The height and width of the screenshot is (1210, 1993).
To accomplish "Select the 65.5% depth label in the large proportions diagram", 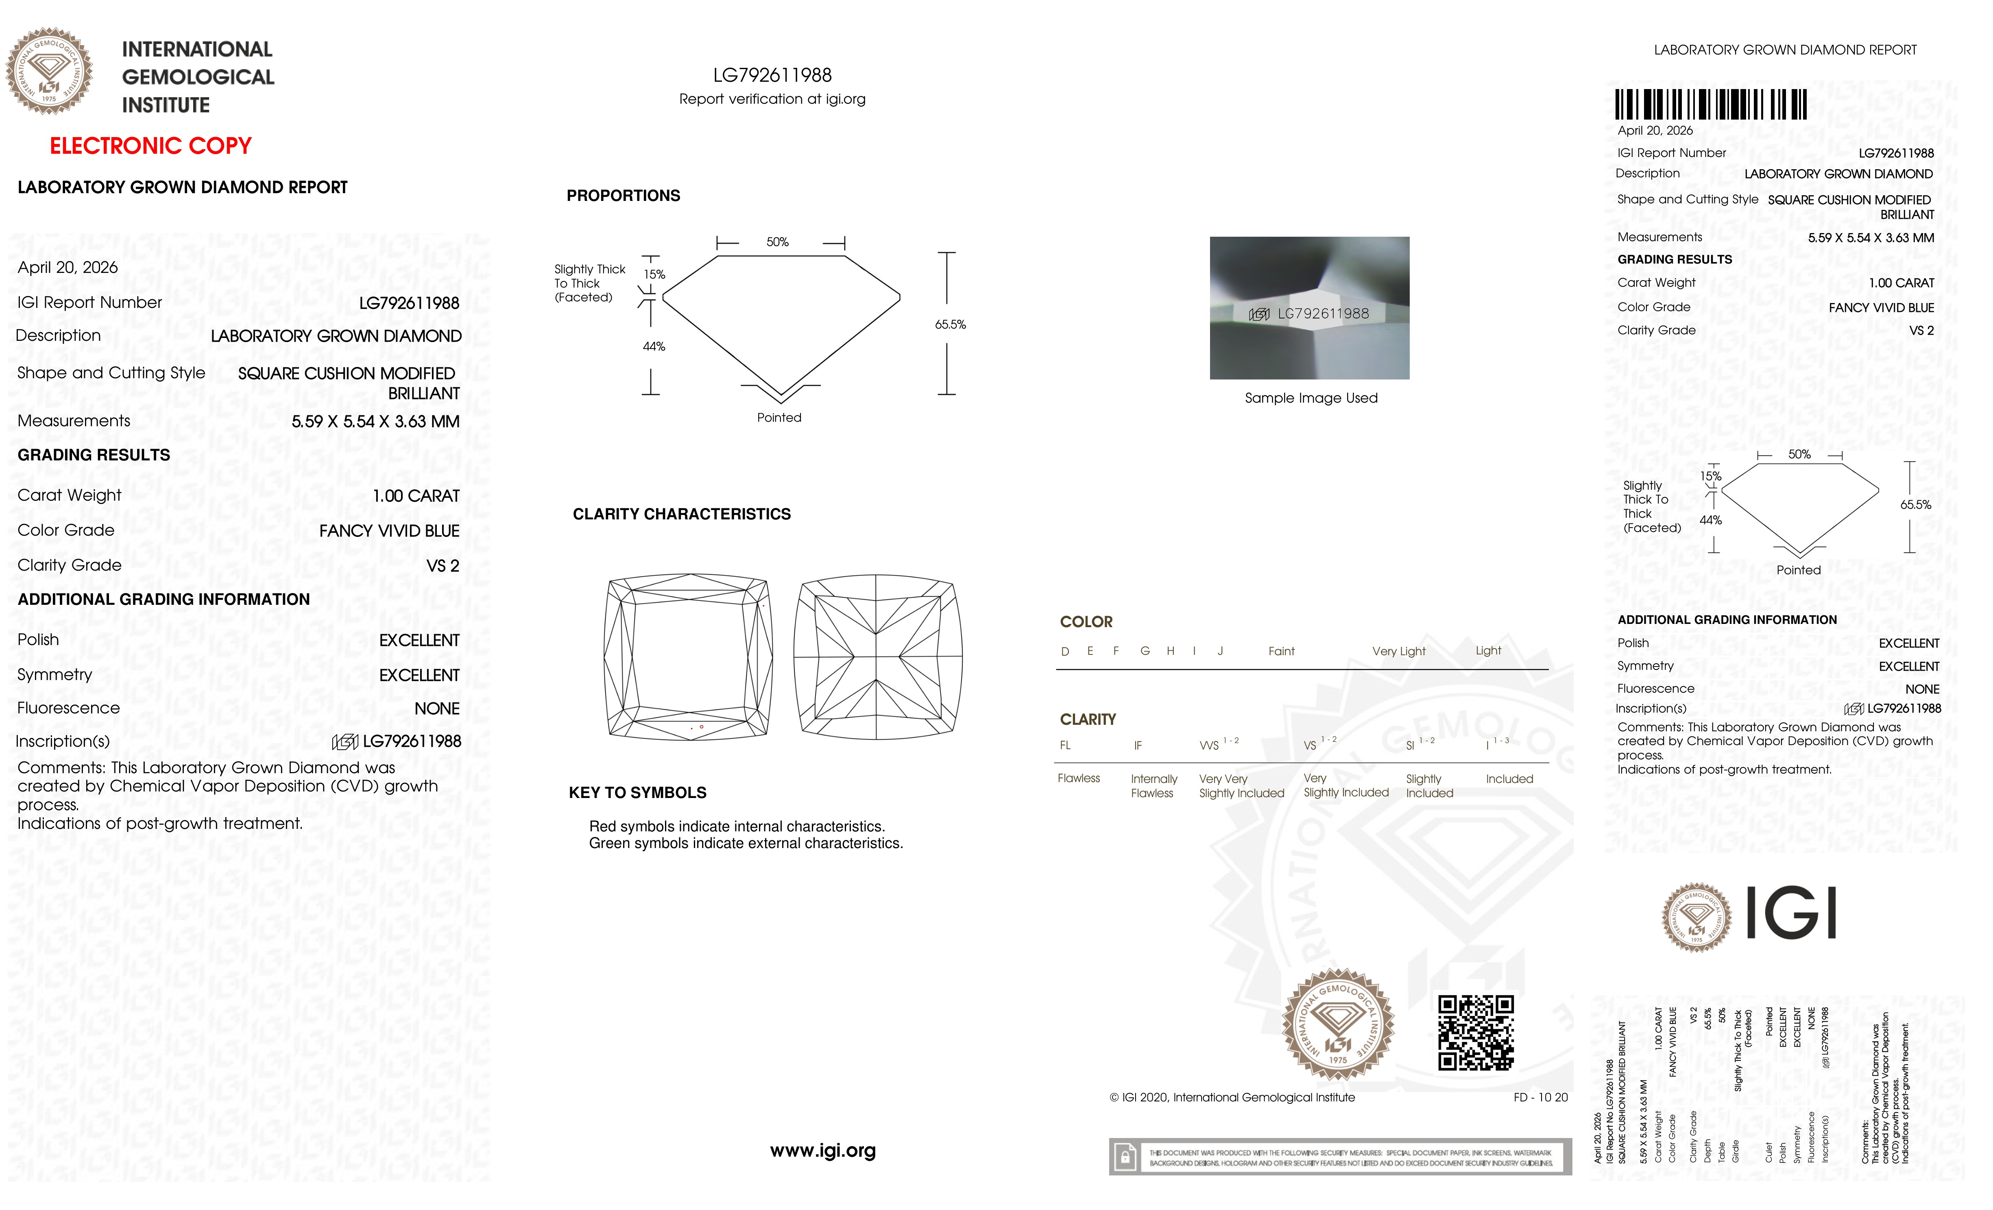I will [x=951, y=324].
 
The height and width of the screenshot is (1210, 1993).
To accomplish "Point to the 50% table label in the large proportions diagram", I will [x=777, y=242].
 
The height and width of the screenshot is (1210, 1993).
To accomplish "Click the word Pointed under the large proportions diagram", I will [x=779, y=417].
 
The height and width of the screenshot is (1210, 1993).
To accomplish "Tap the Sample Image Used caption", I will [x=1310, y=398].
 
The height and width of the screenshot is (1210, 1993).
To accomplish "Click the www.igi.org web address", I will [x=822, y=1150].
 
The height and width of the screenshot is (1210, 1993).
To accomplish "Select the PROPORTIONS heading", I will [x=623, y=196].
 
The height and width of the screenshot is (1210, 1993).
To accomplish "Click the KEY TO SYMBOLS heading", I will [x=637, y=793].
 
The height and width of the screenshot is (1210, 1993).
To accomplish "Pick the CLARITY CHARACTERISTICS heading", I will [x=681, y=515].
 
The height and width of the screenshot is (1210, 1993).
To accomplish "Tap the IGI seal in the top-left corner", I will [x=49, y=71].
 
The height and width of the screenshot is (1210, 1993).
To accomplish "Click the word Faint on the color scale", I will [x=1281, y=651].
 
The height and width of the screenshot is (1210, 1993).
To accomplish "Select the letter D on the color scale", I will [x=1065, y=651].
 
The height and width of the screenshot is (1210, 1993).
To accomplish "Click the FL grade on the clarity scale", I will [x=1065, y=745].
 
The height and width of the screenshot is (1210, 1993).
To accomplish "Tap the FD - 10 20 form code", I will [x=1540, y=1098].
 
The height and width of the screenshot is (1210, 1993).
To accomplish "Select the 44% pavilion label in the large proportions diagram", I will [x=654, y=346].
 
